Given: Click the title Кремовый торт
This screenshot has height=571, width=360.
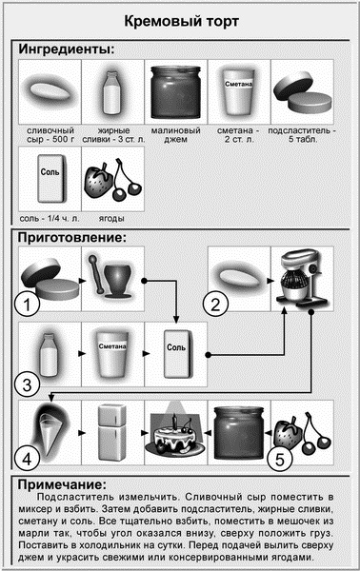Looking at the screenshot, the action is click(x=181, y=22).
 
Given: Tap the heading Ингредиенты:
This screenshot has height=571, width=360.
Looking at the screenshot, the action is click(x=67, y=49).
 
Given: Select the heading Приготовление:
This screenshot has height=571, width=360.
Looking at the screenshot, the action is click(x=72, y=237).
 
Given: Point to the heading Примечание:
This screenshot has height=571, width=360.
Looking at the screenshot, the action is click(x=62, y=484).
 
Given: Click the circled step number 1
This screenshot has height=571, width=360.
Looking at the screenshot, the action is click(x=28, y=304).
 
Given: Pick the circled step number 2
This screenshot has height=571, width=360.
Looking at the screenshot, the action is click(x=215, y=304).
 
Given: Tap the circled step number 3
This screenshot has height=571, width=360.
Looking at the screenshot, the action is click(x=28, y=384).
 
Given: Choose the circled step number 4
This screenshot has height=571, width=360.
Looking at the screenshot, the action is click(x=28, y=459).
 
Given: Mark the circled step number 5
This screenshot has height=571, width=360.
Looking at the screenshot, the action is click(x=279, y=459).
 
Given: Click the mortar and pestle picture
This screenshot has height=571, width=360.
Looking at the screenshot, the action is click(x=112, y=277).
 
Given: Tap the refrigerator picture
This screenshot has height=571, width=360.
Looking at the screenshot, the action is click(x=112, y=432).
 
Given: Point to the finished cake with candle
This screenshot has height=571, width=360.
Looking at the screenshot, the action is click(x=175, y=433).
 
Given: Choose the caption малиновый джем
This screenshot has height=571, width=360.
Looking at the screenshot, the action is click(x=175, y=135).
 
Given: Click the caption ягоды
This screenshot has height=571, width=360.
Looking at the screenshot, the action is click(x=111, y=219).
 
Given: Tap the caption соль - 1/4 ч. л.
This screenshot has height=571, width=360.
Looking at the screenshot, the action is click(x=50, y=219).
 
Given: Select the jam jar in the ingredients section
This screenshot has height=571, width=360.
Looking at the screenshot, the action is click(x=175, y=91).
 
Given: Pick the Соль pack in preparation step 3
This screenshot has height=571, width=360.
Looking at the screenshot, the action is click(x=176, y=354).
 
